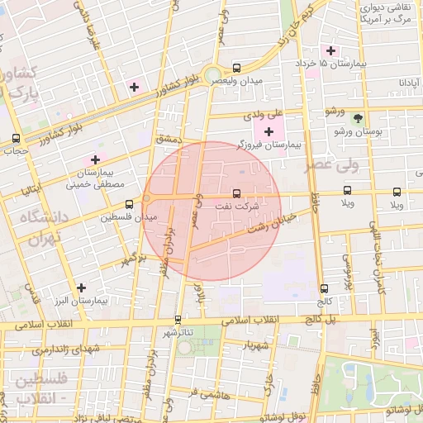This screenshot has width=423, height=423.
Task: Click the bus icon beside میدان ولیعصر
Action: click(237, 68)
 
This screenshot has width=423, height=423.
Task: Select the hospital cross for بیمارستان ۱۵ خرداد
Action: click(330, 50)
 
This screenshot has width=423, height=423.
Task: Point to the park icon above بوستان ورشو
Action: click(358, 118)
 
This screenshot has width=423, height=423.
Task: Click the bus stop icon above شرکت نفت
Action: click(237, 192)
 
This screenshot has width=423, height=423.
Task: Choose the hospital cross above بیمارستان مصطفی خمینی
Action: click(95, 159)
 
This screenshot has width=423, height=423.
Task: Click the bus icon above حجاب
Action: click(16, 138)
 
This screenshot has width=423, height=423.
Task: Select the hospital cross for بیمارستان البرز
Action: click(80, 288)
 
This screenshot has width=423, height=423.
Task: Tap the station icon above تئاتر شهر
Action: click(178, 319)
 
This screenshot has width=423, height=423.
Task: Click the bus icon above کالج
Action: click(323, 288)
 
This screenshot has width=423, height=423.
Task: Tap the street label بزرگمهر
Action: click(135, 259)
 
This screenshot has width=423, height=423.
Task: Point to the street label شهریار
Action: click(254, 345)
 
